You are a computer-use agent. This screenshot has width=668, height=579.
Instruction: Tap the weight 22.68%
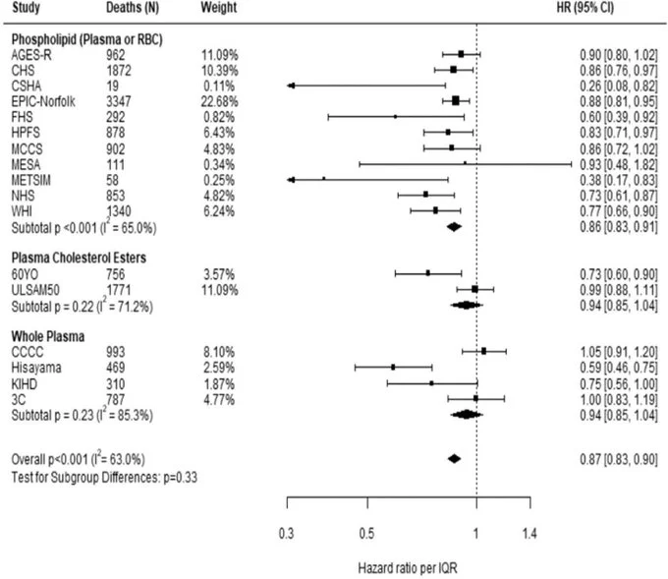pos(219,100)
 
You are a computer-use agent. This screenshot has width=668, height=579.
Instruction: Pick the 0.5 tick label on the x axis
pos(367,534)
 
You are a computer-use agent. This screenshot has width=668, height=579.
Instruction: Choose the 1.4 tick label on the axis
pos(530,534)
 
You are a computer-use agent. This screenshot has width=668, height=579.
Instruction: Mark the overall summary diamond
pos(453,459)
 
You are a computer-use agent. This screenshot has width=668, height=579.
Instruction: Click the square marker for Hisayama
pos(393,368)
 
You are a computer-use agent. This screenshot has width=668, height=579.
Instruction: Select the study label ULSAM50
pos(31,289)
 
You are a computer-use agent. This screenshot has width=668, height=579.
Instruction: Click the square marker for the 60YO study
pos(428,273)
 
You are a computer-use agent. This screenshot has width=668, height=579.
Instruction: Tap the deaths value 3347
pos(121,100)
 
